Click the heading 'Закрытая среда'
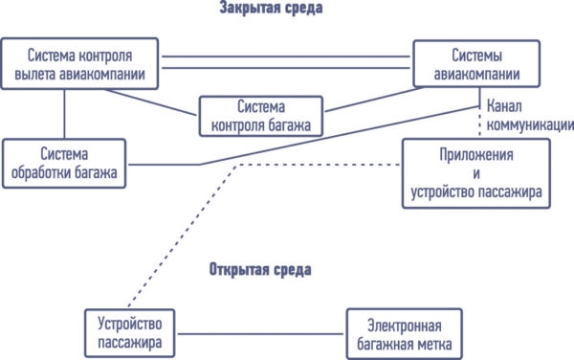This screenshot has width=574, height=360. tap(271, 8)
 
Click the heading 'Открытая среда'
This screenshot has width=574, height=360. tap(260, 270)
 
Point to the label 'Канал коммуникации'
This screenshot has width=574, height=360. tap(530, 115)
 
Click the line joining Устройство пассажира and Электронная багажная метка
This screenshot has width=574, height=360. tap(260, 333)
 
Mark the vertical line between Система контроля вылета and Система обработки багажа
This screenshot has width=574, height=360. tap(64, 114)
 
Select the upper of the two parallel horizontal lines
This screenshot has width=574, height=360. tap(286, 56)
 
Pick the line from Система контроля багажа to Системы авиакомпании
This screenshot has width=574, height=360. tap(373, 100)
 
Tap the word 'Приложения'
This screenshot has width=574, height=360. tap(476, 155)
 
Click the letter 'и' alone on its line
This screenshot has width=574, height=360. tap(476, 174)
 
